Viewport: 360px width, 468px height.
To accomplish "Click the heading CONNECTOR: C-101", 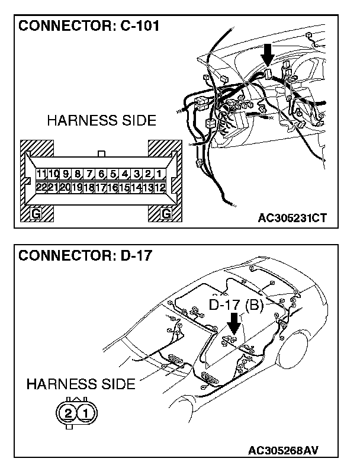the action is click(x=89, y=27).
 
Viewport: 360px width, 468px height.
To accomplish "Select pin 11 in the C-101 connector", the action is click(x=41, y=174).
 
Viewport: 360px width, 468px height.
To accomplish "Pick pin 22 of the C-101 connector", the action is click(x=41, y=187).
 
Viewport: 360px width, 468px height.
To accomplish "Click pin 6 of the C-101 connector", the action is click(x=101, y=174).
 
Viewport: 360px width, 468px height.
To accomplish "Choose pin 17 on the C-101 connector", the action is click(x=100, y=187).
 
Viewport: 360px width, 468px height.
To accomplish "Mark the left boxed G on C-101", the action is click(x=36, y=213).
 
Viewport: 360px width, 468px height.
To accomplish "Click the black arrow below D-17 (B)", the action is click(x=234, y=323).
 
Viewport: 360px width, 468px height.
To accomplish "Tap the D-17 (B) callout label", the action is click(x=236, y=305).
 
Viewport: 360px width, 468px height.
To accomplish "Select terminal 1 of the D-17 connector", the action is click(x=86, y=412).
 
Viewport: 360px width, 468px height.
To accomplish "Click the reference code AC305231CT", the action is click(x=292, y=217).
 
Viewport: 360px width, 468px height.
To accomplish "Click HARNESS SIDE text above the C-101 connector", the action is click(x=101, y=121).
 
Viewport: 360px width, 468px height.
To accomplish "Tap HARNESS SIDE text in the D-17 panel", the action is click(x=81, y=384).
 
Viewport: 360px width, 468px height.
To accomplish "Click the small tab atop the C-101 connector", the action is click(x=101, y=154).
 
